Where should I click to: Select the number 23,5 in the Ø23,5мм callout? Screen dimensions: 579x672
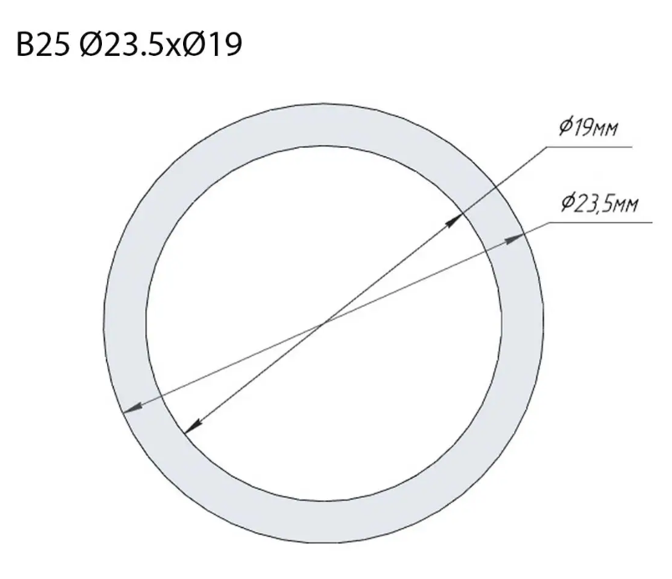[x=593, y=204]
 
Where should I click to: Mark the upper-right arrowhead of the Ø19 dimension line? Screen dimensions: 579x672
[x=457, y=220]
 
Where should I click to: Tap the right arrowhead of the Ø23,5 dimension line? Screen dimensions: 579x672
[x=516, y=240]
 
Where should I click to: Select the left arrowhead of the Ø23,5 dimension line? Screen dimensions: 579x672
[x=130, y=408]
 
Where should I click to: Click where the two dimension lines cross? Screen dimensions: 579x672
[x=323, y=324]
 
